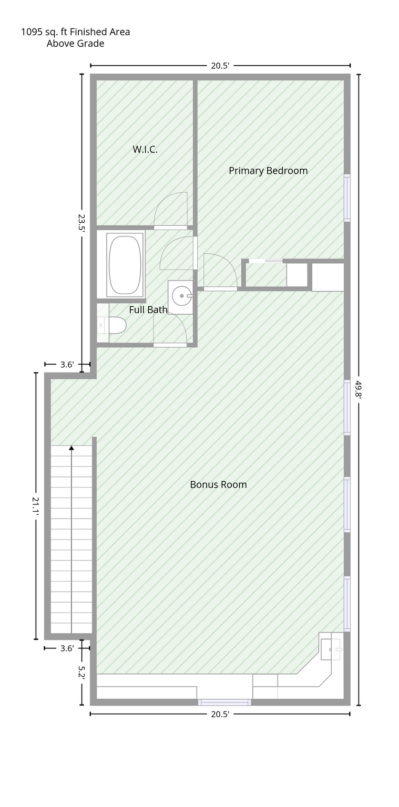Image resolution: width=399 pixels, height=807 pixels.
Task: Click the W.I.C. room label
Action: (145, 150)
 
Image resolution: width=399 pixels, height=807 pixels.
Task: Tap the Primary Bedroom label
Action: (268, 171)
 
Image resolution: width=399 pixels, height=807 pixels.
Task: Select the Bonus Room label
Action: (218, 484)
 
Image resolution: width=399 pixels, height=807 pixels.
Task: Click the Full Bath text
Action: (148, 309)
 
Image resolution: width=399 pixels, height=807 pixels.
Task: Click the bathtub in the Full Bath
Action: (125, 265)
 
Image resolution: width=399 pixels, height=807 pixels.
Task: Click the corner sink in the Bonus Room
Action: (331, 649)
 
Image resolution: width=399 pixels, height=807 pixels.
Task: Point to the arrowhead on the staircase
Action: (71, 448)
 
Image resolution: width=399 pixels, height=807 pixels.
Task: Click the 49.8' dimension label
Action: (359, 389)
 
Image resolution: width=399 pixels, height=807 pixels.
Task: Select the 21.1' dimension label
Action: (36, 506)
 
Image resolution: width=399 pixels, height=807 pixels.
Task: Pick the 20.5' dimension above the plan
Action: (220, 66)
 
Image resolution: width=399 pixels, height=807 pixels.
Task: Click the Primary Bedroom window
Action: (347, 198)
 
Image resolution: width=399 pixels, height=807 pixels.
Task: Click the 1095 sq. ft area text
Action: (75, 32)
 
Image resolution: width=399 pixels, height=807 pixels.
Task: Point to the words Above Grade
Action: (75, 44)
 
